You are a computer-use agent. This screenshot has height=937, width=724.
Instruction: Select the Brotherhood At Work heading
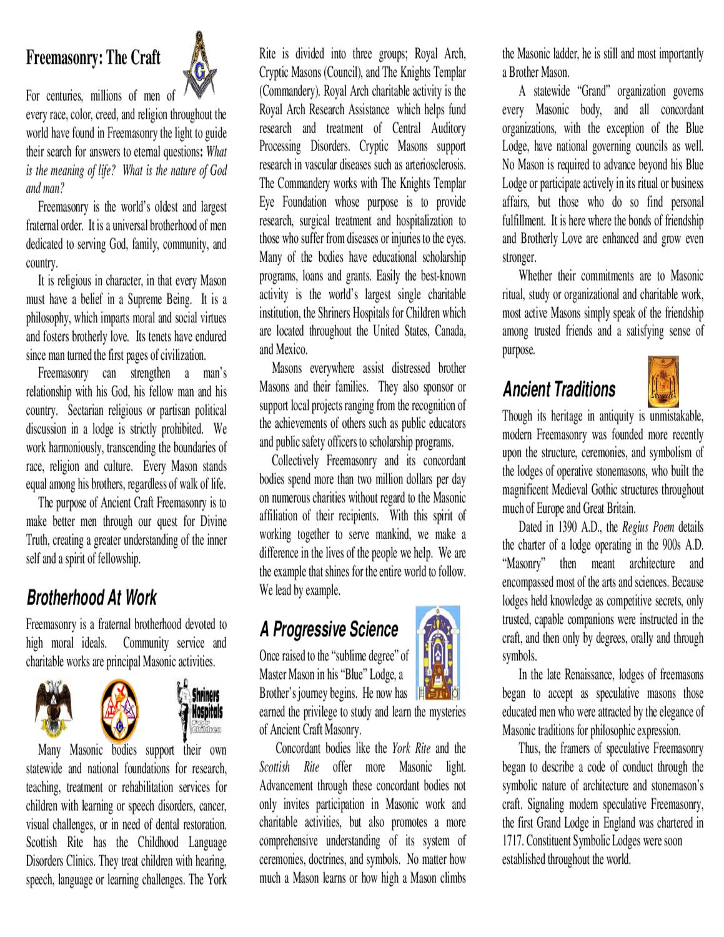[x=91, y=598]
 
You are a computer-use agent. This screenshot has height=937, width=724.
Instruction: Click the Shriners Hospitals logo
[x=199, y=706]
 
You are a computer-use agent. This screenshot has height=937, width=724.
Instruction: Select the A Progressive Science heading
[x=329, y=630]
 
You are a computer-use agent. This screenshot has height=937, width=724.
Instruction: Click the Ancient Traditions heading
[x=558, y=390]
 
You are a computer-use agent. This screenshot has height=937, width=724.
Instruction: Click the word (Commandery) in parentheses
[x=289, y=91]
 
